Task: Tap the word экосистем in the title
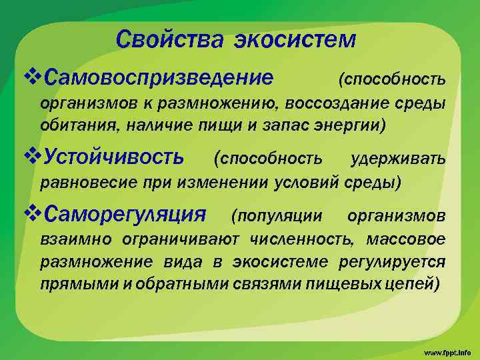(294, 39)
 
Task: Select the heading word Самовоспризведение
(157, 79)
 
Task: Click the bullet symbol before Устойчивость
(31, 157)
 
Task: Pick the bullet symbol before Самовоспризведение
(31, 79)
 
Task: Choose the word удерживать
(397, 159)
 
